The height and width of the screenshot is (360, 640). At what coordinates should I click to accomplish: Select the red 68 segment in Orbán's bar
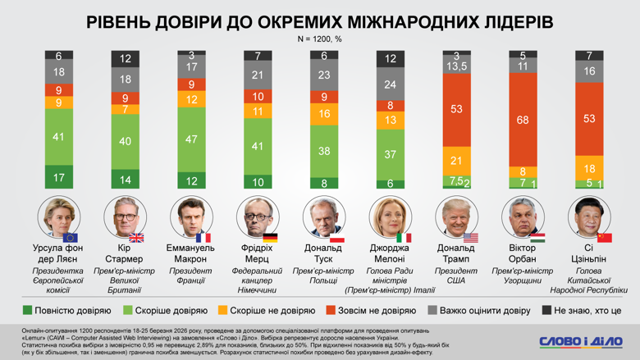523,121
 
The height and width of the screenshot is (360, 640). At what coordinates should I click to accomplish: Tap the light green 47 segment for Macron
191,140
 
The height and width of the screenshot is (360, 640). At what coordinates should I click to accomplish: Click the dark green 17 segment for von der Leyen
58,176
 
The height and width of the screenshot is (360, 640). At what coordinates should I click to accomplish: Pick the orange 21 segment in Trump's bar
456,160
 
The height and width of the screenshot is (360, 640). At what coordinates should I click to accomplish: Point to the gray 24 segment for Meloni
390,84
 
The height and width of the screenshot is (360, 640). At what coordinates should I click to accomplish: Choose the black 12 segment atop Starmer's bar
125,59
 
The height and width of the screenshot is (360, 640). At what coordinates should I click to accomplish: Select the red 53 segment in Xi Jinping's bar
589,119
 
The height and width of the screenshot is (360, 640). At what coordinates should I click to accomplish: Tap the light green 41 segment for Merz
257,146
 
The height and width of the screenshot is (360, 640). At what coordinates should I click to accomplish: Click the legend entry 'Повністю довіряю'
66,311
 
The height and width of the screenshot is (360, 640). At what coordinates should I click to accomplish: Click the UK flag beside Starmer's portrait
137,238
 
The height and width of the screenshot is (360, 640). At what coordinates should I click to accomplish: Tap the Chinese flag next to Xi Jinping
605,238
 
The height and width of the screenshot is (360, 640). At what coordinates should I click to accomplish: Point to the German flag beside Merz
270,238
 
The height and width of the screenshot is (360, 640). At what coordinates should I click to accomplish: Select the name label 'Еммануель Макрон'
191,254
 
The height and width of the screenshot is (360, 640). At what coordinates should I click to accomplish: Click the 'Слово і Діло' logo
580,341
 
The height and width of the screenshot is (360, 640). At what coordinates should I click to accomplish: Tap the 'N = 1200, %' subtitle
319,39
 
